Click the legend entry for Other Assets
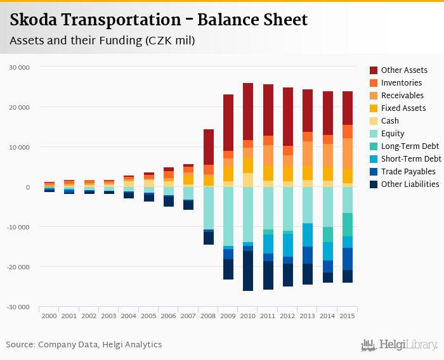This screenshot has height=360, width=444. tap(403, 70)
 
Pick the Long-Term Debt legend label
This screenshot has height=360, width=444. tap(410, 146)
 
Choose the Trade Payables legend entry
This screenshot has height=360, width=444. tap(408, 172)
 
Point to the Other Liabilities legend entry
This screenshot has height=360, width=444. tap(410, 184)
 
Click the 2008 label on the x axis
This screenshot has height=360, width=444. tap(209, 315)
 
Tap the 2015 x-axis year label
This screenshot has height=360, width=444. tap(348, 315)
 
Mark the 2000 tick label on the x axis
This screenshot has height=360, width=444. tap(49, 315)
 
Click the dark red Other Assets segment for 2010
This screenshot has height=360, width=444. tap(248, 112)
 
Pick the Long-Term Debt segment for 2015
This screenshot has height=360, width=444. tap(348, 224)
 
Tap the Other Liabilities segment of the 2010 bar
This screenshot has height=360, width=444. tap(248, 271)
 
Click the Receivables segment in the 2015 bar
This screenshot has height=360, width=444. tap(348, 153)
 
